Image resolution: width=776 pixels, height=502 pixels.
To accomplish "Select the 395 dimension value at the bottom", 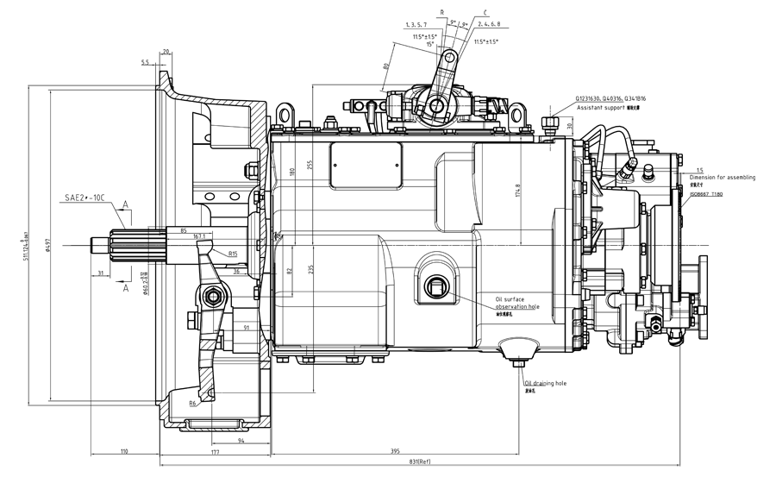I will coord(395,451).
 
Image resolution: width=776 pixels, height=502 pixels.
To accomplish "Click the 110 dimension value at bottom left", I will coord(125,451).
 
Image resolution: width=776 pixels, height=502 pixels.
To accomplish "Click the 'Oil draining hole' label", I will coord(546,382).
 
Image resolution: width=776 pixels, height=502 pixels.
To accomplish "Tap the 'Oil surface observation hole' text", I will coord(517,303).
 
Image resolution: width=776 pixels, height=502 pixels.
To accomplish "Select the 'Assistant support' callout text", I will coord(600,109).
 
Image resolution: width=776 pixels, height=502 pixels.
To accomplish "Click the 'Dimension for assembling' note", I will coord(723,178).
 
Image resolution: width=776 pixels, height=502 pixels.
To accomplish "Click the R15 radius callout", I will coord(233,254).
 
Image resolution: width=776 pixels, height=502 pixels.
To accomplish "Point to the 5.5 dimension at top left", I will coord(145,63).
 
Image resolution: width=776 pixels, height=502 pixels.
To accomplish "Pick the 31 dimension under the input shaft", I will coord(102,273).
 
